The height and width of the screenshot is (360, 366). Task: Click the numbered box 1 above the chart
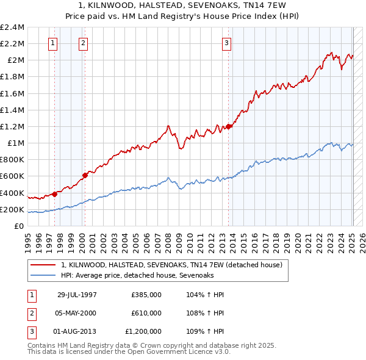[53, 43]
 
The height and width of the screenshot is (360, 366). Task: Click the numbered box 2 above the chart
[83, 43]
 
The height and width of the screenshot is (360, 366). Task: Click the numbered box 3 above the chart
[226, 43]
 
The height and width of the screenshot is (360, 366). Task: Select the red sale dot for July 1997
[54, 194]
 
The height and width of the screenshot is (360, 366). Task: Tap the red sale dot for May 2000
[85, 175]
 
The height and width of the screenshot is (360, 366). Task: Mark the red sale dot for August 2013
[229, 126]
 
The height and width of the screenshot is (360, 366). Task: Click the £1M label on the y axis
[15, 143]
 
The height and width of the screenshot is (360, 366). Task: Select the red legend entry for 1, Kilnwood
[171, 265]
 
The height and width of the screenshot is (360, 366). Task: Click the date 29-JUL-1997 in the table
[77, 295]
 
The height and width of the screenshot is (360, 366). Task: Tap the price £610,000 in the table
[146, 313]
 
